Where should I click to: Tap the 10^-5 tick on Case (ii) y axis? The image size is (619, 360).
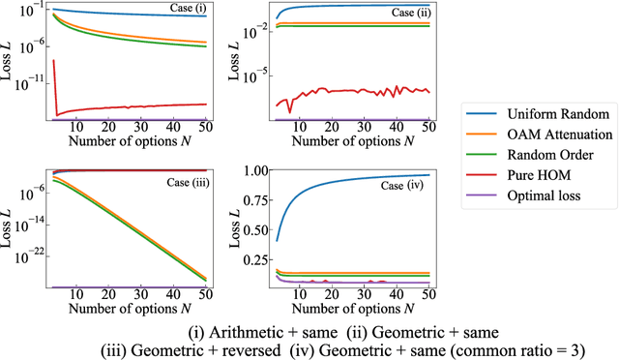point(253,75)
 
